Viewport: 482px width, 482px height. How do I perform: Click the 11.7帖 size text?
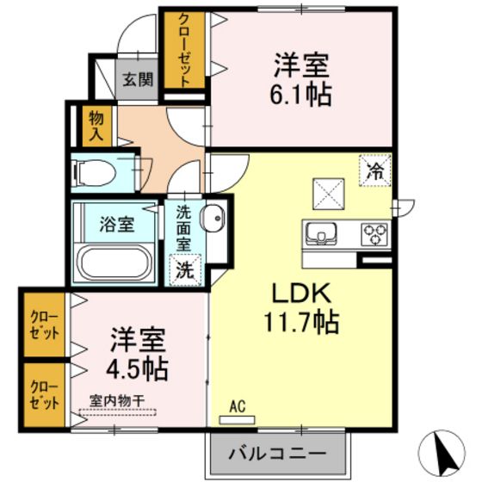301,323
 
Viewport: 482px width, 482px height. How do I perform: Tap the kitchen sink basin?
323,232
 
